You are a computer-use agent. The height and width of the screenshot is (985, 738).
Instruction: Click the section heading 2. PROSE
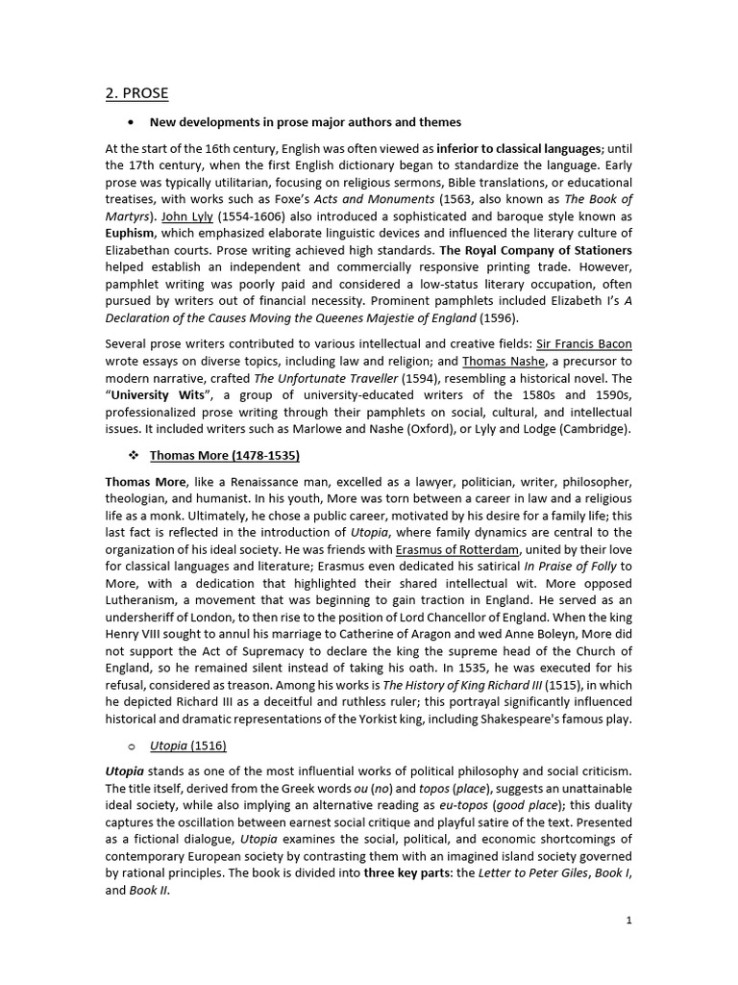click(x=136, y=93)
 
